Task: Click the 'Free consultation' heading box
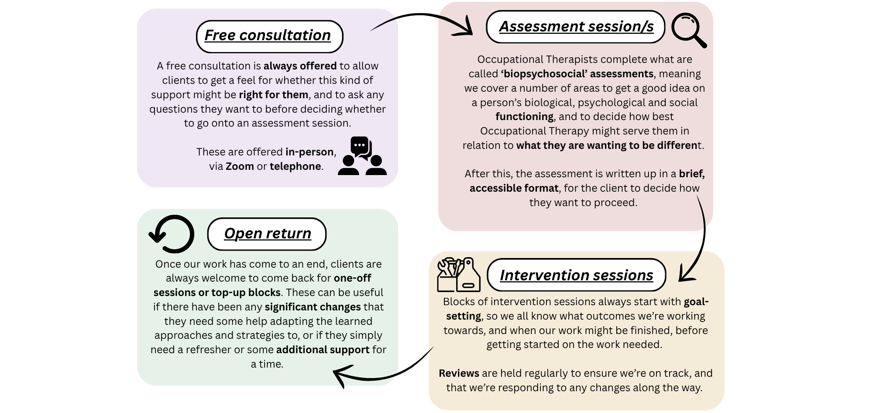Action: pyautogui.click(x=269, y=36)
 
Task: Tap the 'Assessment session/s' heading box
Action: pyautogui.click(x=576, y=27)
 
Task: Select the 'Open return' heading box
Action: pyautogui.click(x=267, y=234)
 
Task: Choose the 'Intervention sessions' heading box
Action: pyautogui.click(x=576, y=275)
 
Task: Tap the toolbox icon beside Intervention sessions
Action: pyautogui.click(x=459, y=275)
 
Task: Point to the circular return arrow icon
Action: pyautogui.click(x=172, y=234)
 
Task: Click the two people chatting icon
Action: pyautogui.click(x=362, y=156)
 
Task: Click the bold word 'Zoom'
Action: pyautogui.click(x=240, y=166)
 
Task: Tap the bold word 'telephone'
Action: pyautogui.click(x=295, y=166)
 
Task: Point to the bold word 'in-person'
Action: pyautogui.click(x=309, y=152)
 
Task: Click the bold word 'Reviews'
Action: pyautogui.click(x=459, y=373)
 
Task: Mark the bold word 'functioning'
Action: pyautogui.click(x=524, y=117)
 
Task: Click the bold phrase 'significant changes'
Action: pyautogui.click(x=313, y=307)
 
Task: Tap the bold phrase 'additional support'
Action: pyautogui.click(x=323, y=350)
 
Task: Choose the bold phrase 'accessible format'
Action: pyautogui.click(x=514, y=188)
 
